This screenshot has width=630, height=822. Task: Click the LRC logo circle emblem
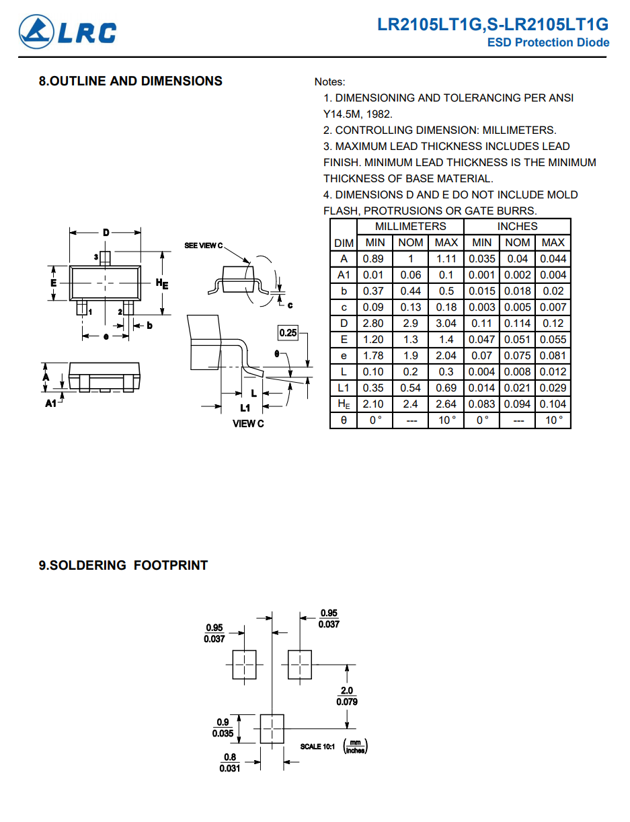(36, 32)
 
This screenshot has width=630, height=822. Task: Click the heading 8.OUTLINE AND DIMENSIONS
(130, 81)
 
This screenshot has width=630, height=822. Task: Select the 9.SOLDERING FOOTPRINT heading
(123, 565)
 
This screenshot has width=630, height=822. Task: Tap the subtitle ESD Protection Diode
(548, 42)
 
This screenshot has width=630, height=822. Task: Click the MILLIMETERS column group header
(410, 226)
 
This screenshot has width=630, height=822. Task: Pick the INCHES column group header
(517, 226)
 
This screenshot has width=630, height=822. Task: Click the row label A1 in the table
(344, 275)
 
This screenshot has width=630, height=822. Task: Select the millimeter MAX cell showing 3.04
(446, 324)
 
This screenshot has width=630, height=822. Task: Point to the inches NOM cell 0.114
(517, 324)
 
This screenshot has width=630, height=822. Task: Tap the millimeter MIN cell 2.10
(373, 404)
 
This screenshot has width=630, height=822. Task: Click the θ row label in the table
(344, 420)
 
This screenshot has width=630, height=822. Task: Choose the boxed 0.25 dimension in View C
(288, 332)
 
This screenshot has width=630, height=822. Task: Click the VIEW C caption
(248, 424)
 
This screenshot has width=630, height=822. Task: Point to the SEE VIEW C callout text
(203, 246)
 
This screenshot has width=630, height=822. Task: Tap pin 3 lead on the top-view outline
(105, 258)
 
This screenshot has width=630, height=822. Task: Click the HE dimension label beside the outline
(162, 283)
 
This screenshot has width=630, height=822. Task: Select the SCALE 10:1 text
(317, 747)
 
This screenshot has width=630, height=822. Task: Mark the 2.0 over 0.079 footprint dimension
(347, 696)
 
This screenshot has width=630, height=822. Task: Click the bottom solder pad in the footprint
(272, 728)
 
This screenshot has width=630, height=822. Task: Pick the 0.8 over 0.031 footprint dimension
(230, 762)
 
